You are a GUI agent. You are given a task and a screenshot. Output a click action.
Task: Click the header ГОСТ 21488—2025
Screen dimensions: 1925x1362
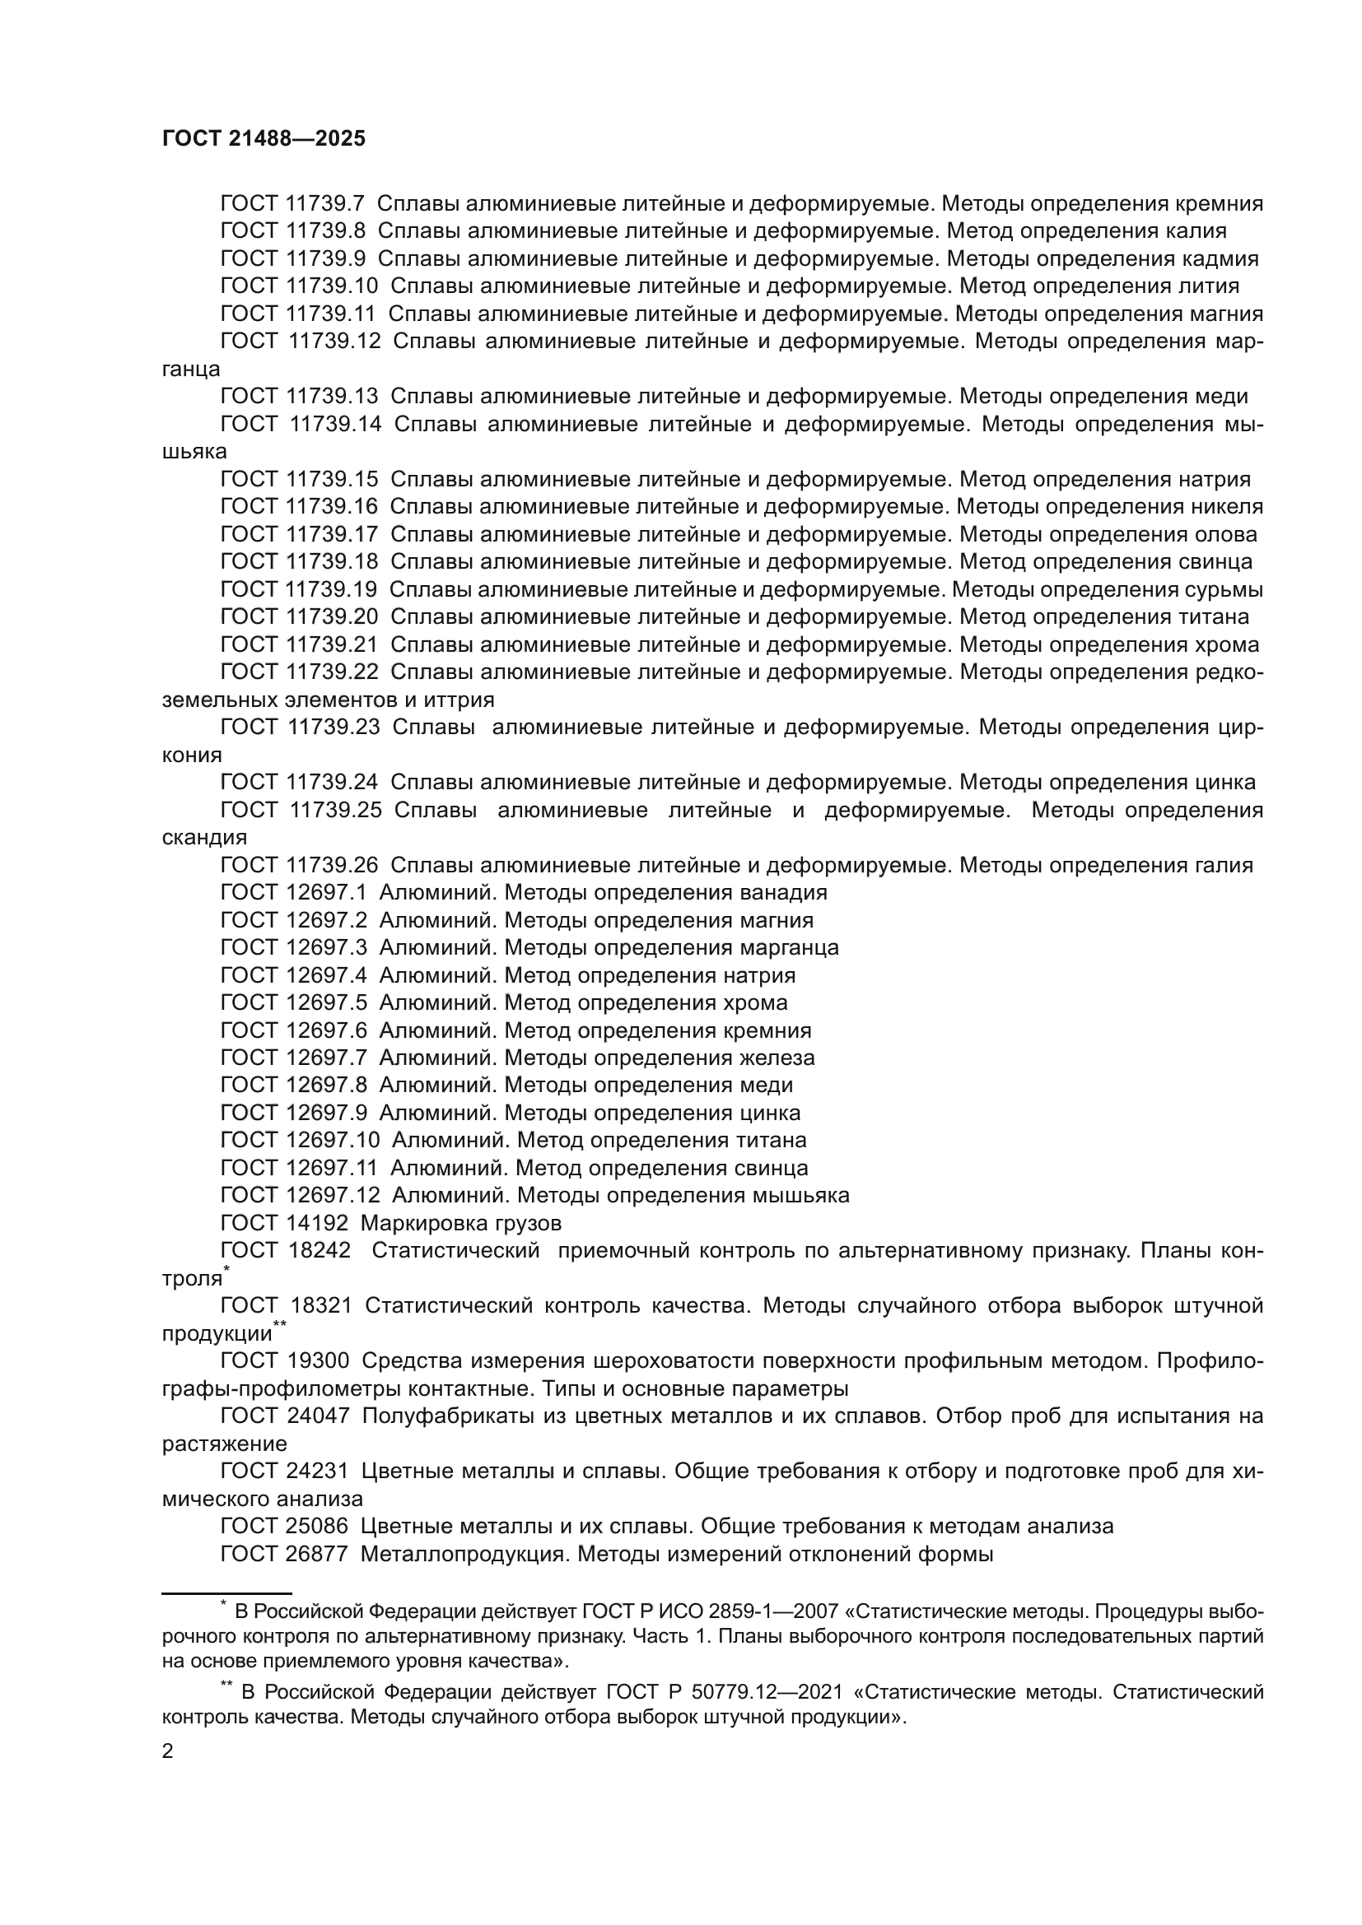(264, 139)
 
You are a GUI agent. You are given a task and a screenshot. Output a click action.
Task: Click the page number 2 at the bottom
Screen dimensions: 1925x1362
(168, 1751)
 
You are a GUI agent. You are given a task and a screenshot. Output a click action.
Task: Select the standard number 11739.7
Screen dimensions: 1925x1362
(324, 204)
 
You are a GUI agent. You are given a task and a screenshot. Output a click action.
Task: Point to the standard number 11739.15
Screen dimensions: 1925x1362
(331, 480)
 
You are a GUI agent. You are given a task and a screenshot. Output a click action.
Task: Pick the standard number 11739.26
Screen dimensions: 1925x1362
(331, 865)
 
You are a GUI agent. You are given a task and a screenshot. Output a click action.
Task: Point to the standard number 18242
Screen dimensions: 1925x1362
(320, 1251)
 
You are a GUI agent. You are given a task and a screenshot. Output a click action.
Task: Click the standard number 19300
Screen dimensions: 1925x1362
(320, 1360)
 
